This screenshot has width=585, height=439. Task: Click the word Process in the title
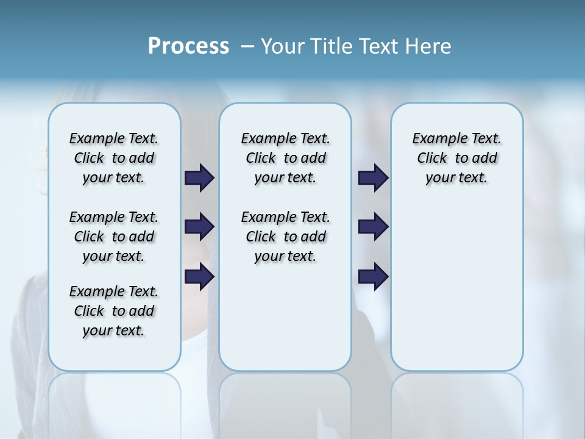tap(188, 46)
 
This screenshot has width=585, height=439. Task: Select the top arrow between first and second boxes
tap(199, 178)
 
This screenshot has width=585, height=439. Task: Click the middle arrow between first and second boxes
tap(199, 227)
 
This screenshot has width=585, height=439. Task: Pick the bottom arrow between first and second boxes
tap(199, 277)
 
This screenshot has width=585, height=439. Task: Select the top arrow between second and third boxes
tap(373, 178)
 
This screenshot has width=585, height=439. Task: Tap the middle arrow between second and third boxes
tap(373, 227)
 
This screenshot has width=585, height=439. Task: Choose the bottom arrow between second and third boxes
tap(373, 277)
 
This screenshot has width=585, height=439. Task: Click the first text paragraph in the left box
tap(114, 158)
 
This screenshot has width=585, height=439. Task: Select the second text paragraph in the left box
tap(114, 237)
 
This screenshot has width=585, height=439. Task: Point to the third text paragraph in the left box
tap(114, 311)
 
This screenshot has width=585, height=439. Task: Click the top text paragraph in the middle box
tap(285, 158)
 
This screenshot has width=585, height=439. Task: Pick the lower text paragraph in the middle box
tap(285, 237)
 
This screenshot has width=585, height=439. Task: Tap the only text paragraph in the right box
tap(456, 158)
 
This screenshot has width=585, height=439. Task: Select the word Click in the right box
tap(432, 159)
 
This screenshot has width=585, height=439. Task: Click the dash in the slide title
tap(247, 46)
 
